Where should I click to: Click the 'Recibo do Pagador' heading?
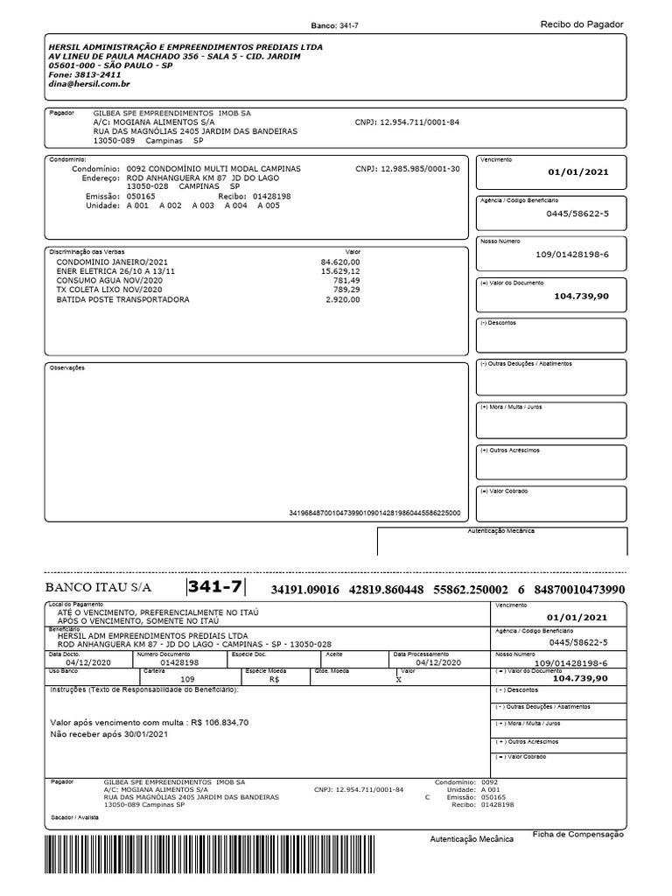click(x=582, y=24)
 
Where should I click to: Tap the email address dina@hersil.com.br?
click(x=89, y=84)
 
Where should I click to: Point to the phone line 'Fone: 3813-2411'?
click(x=85, y=74)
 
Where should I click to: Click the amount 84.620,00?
click(x=340, y=262)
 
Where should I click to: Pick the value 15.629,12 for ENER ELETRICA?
click(x=340, y=271)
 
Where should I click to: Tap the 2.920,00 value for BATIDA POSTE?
click(x=342, y=299)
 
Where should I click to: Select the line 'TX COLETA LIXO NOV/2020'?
click(x=109, y=290)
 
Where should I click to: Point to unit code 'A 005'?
click(x=268, y=206)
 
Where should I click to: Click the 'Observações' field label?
click(x=66, y=367)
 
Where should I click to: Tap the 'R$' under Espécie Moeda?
click(x=274, y=678)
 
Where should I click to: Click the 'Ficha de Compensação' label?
click(x=577, y=835)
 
